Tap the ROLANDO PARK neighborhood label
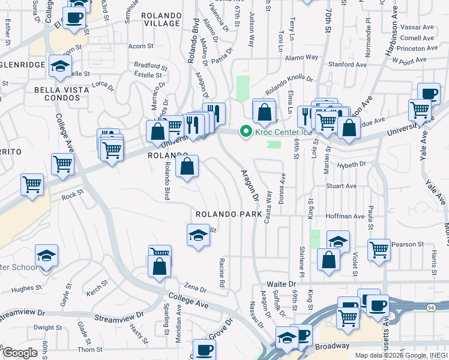tap(229, 214)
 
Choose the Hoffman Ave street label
tap(345, 216)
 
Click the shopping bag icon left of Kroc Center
tap(264, 112)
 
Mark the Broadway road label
tap(332, 346)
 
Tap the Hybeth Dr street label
tap(352, 164)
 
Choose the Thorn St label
tap(91, 349)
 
